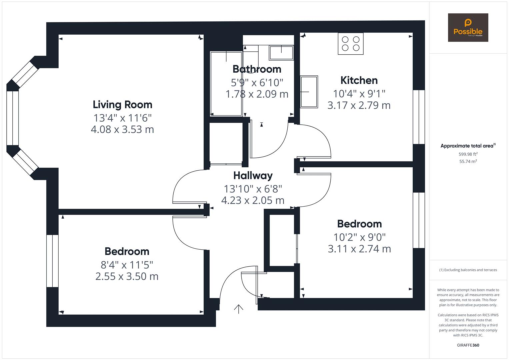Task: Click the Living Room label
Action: [122, 105]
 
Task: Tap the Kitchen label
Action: [359, 80]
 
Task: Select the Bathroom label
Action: [257, 69]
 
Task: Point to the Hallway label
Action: [253, 176]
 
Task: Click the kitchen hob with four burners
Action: [351, 44]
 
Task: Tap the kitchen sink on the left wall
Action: [309, 92]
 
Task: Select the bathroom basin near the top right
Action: [281, 53]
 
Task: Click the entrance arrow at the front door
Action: [239, 309]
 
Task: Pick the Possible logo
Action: [468, 27]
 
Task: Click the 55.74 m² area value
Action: [468, 161]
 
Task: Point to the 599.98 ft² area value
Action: [468, 154]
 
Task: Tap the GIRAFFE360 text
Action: [468, 345]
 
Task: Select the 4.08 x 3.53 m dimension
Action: [122, 130]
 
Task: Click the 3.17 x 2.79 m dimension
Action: [359, 105]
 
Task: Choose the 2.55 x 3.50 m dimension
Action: [127, 276]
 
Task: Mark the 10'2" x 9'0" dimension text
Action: [359, 237]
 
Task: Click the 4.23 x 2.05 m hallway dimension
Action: [253, 200]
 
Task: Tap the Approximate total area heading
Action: [468, 146]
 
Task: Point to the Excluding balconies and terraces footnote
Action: [468, 270]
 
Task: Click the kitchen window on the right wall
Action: [419, 117]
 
